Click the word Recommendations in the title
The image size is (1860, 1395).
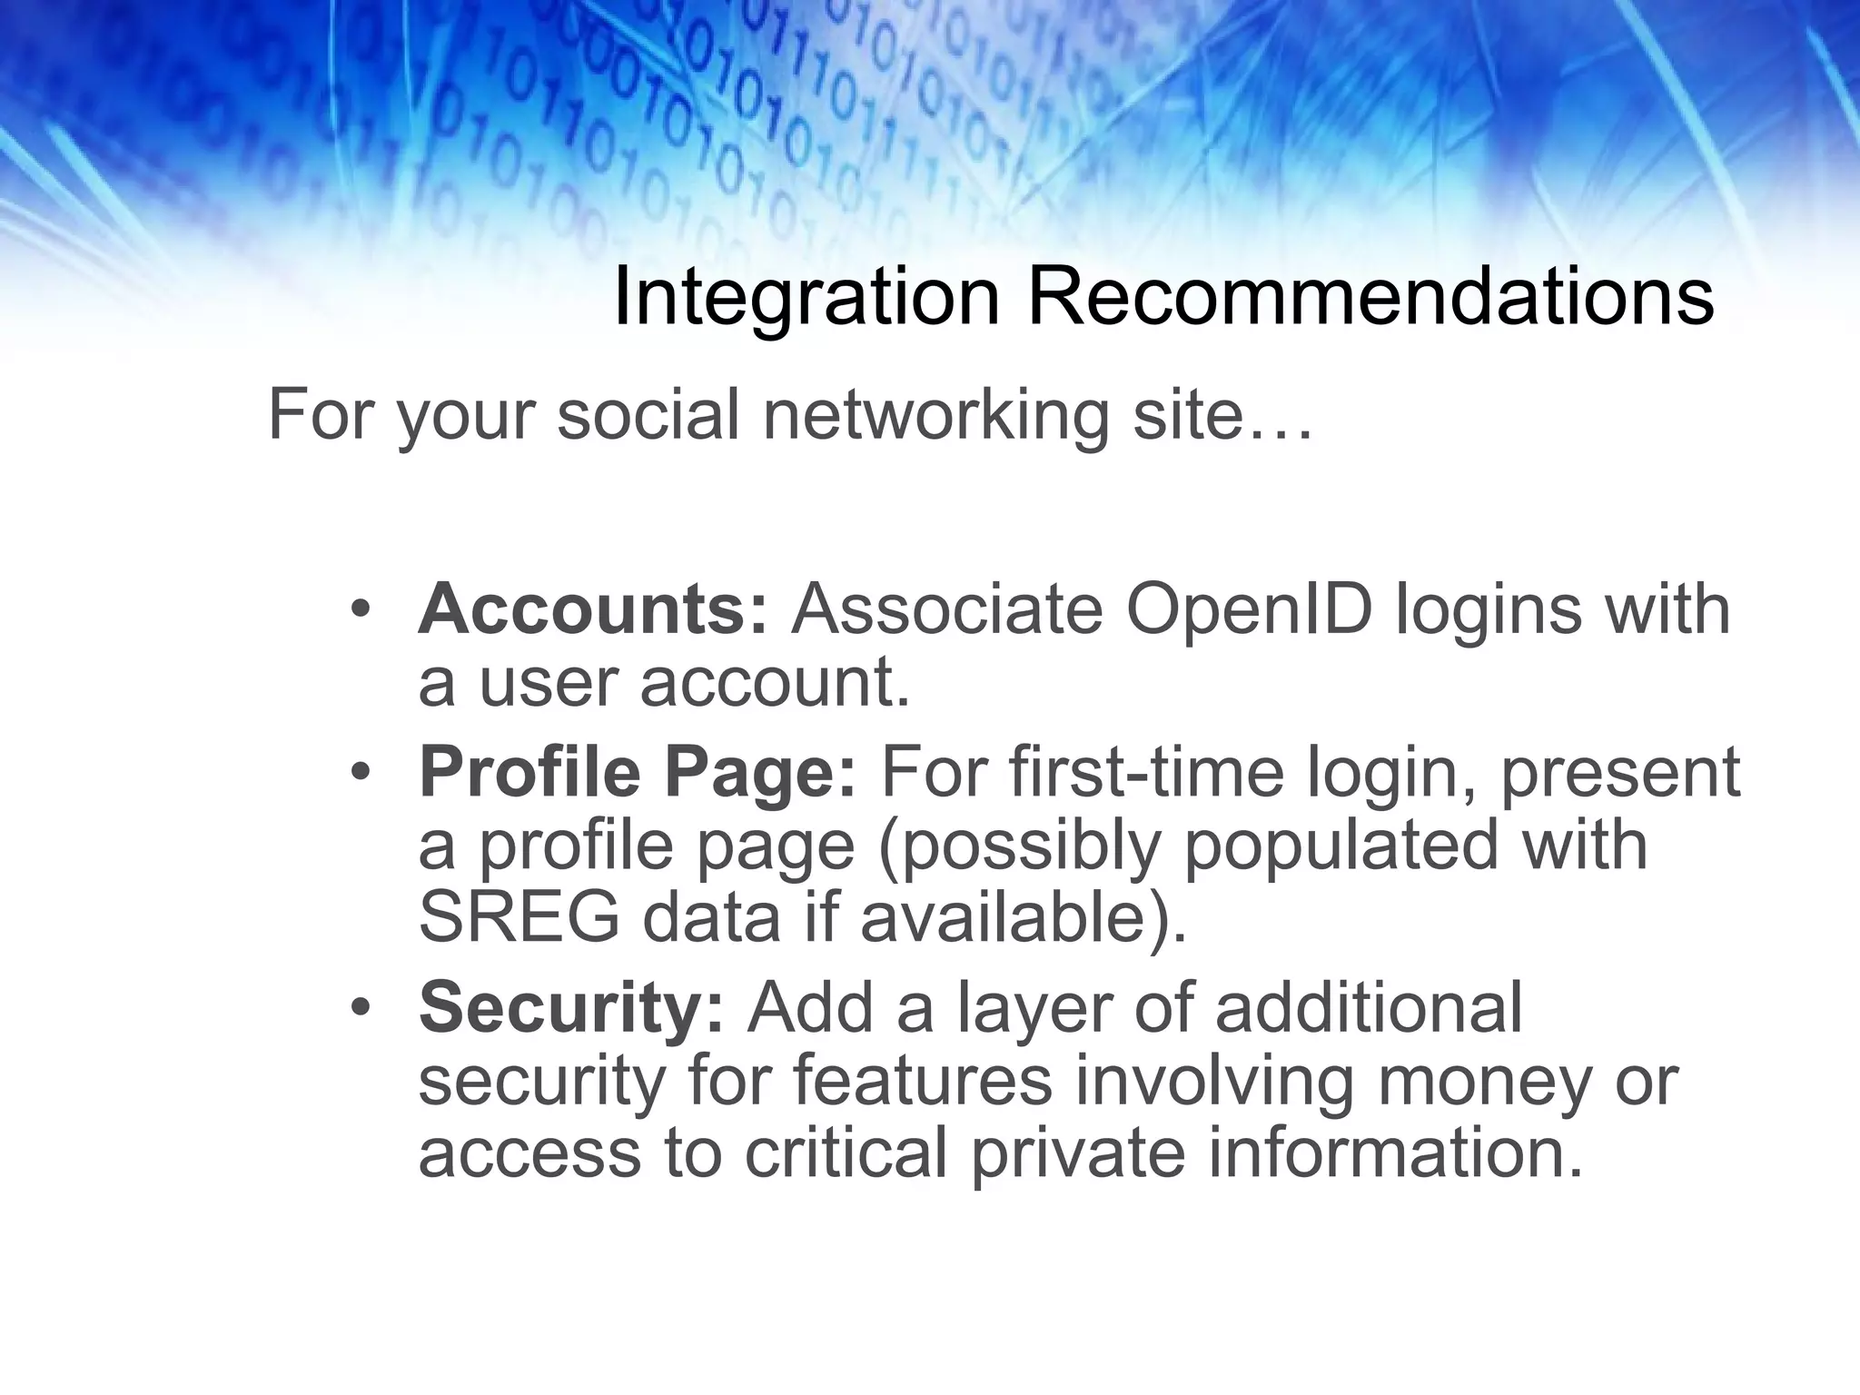(1370, 296)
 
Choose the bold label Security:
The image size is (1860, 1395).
(571, 1008)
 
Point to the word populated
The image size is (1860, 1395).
(1340, 846)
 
